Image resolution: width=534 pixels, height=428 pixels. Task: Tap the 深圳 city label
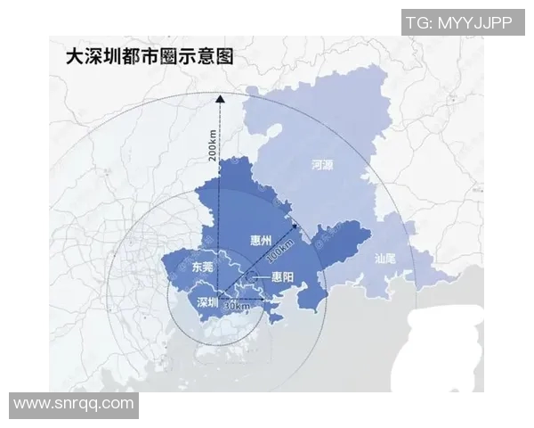click(x=206, y=301)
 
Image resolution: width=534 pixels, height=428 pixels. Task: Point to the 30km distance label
click(x=237, y=305)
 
